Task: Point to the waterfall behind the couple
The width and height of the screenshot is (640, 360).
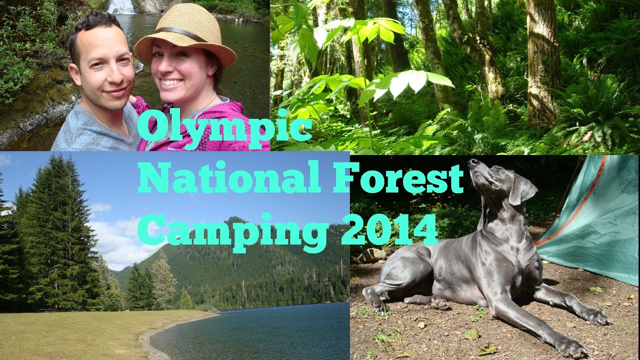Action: (121, 6)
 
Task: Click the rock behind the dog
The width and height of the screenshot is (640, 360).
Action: (372, 255)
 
